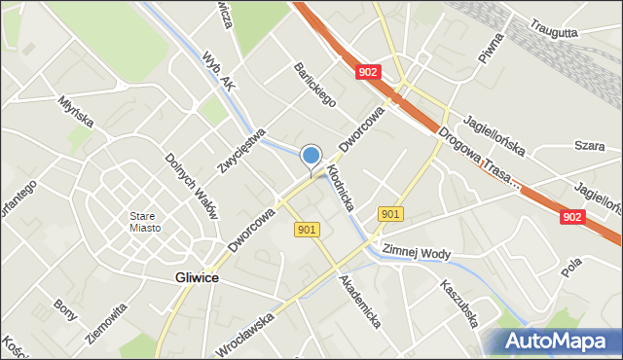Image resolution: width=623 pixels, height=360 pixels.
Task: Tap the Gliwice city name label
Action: point(197,277)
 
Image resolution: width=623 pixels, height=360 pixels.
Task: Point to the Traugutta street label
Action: point(554,31)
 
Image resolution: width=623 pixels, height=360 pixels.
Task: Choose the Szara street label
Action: point(589,145)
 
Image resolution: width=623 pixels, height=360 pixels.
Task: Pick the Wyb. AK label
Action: point(219,72)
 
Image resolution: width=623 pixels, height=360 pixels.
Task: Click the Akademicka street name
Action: point(358,300)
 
